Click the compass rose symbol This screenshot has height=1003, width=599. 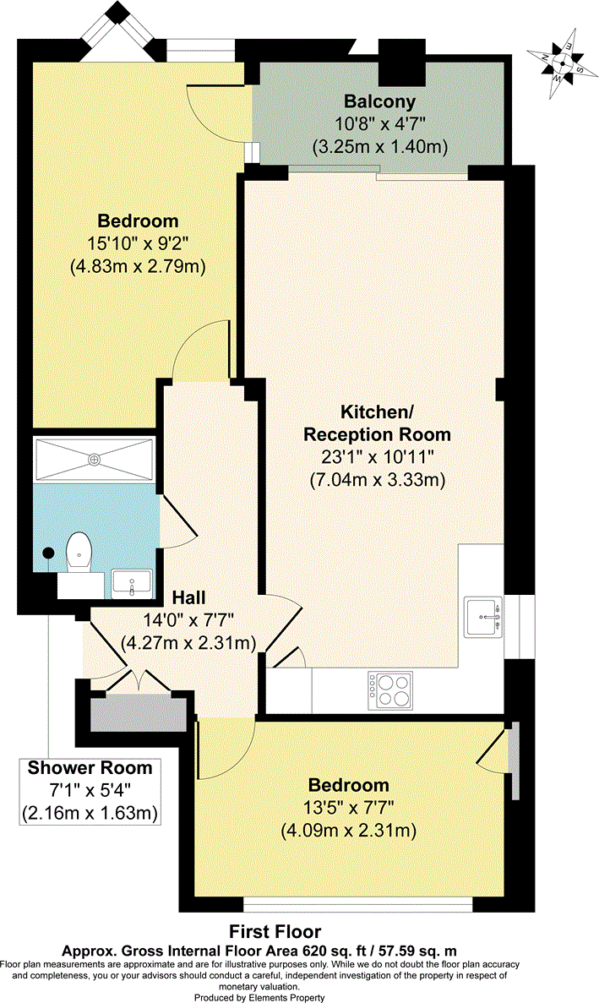561,63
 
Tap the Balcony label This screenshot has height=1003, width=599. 379,101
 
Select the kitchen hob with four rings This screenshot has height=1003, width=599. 390,690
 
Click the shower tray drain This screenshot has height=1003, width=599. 95,458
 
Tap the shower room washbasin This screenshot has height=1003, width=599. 132,584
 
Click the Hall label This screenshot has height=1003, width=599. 189,597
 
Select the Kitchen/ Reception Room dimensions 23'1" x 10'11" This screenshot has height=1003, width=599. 378,457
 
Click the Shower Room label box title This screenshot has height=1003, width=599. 90,767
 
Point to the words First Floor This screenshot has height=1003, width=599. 275,931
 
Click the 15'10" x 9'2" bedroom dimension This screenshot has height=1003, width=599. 138,243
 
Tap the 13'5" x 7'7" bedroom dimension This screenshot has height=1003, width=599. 348,808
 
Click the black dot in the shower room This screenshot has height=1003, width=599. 48,553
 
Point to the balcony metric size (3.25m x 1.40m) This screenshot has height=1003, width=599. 379,146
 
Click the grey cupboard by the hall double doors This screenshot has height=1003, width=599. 138,715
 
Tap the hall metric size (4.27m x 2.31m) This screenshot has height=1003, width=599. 188,641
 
